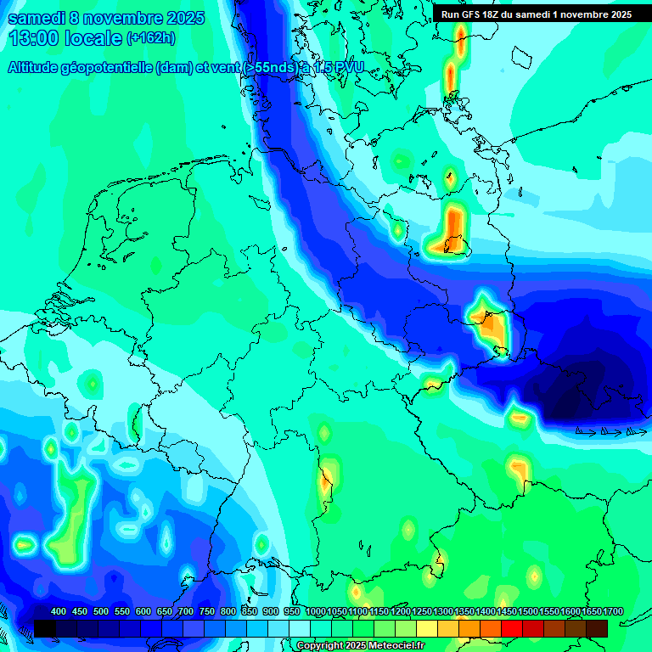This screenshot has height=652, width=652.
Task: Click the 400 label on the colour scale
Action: tap(59, 611)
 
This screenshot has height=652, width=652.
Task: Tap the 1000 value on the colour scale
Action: tap(316, 611)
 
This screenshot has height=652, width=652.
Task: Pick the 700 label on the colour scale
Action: tap(186, 611)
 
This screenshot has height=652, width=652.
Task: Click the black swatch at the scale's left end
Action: tap(45, 628)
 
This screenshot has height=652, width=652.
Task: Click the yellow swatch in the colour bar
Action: tap(427, 628)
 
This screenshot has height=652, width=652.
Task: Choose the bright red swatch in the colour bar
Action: tap(512, 628)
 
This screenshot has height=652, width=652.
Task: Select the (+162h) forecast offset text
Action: tap(150, 38)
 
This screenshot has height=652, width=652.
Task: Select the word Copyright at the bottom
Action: tap(321, 646)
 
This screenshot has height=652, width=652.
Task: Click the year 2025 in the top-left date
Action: tap(181, 18)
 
